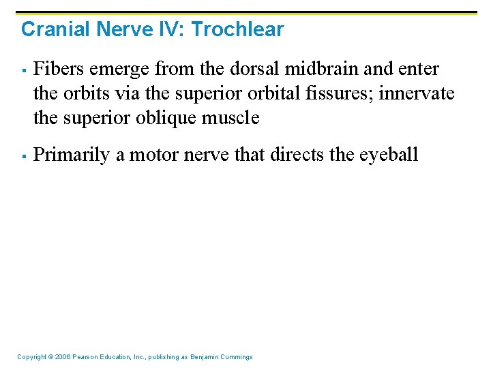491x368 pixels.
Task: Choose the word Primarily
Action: [x=72, y=155]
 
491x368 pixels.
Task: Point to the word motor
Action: [x=151, y=155]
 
